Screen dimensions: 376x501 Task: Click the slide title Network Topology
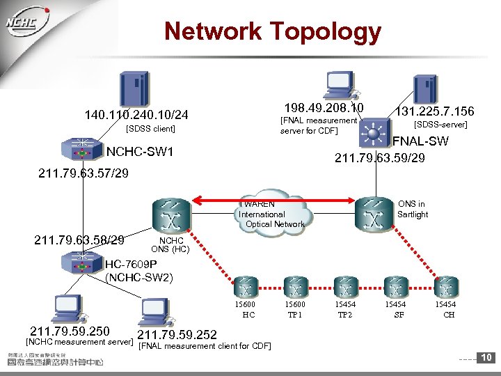tap(272, 31)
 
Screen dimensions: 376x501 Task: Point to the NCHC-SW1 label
tap(139, 152)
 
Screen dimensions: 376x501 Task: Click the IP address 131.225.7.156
tap(434, 111)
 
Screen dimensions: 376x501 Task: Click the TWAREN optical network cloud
tap(272, 209)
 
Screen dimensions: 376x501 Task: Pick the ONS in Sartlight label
tap(413, 209)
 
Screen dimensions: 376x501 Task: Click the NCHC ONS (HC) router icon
tap(169, 217)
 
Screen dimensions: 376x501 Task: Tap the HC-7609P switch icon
tap(82, 262)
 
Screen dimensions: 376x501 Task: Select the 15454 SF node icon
tap(397, 287)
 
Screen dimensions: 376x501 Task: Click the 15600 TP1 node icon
tap(295, 287)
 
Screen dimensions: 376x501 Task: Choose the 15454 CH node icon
tap(446, 287)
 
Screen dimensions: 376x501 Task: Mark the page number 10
tap(487, 358)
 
